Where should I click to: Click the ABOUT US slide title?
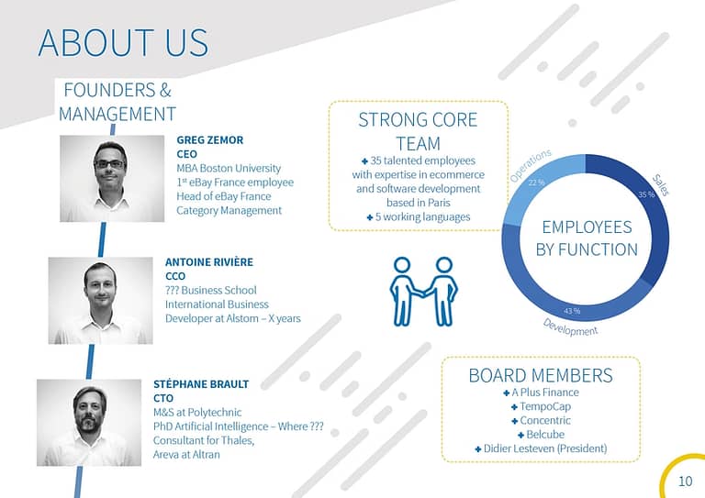123,43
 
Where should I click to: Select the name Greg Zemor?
210,140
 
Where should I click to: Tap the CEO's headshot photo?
112,178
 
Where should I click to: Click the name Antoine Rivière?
209,261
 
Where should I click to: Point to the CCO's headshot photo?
101,301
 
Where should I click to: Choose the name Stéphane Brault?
201,384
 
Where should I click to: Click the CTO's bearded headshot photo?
89,423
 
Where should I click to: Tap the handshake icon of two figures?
423,291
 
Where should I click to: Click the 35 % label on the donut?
646,194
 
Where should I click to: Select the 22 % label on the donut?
536,183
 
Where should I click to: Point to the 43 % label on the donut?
572,311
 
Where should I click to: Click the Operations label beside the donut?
531,166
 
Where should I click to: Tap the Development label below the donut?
570,327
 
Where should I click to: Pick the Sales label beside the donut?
661,185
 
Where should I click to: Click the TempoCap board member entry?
542,407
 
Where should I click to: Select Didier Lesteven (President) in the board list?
542,448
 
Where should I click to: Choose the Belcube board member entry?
542,435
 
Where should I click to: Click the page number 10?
685,481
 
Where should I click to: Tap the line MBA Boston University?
229,169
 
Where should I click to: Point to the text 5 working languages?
419,216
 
